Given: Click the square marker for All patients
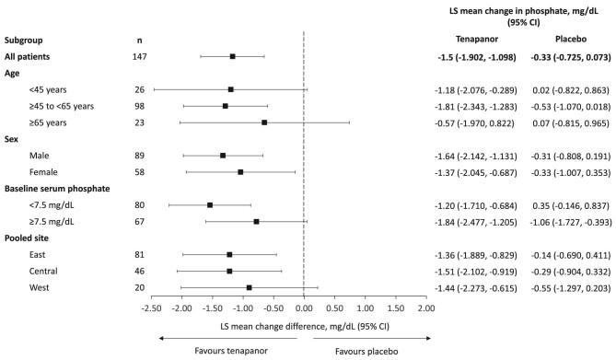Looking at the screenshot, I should pyautogui.click(x=232, y=56).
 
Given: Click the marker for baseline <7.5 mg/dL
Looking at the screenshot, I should pyautogui.click(x=210, y=205).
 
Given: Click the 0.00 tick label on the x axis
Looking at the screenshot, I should pyautogui.click(x=304, y=283).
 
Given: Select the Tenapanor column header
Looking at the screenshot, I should pyautogui.click(x=468, y=40).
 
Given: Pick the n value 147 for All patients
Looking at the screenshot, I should pyautogui.click(x=139, y=57).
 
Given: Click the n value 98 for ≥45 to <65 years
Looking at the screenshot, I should pyautogui.click(x=139, y=106).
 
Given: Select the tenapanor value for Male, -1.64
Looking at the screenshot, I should pyautogui.click(x=468, y=156).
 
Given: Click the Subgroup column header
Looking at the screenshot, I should pyautogui.click(x=28, y=41).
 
